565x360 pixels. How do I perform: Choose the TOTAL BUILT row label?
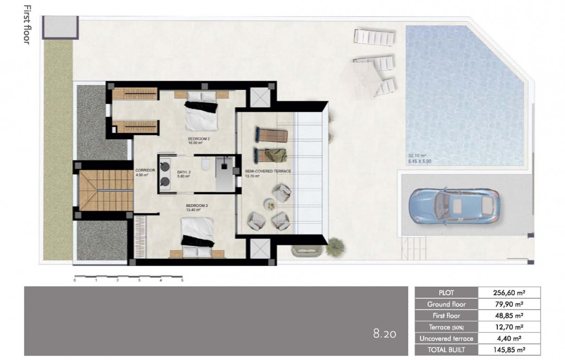446,349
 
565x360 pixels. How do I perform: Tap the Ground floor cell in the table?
446,304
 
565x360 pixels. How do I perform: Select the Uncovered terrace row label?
446,338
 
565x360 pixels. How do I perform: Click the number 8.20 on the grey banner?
384,334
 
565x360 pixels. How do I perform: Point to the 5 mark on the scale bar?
182,281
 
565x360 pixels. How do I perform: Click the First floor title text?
26,24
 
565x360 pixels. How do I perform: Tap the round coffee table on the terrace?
269,203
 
